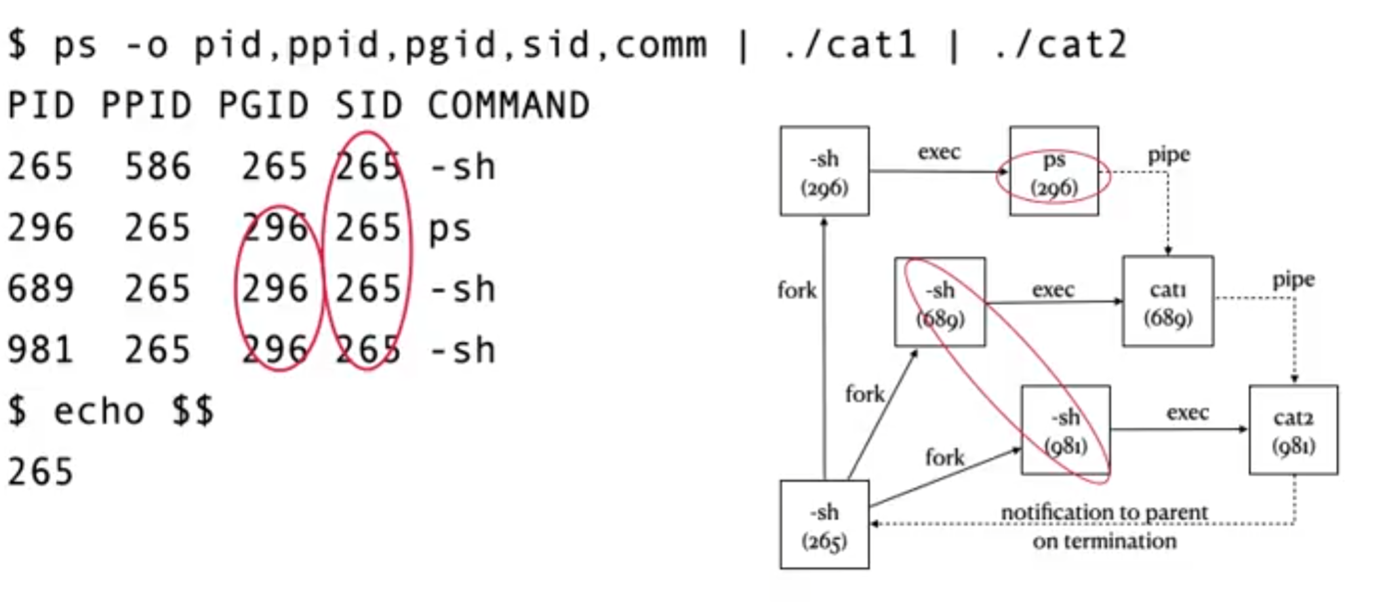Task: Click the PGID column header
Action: point(263,106)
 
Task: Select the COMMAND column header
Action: point(509,106)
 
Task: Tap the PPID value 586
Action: point(157,166)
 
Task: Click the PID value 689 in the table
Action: point(41,289)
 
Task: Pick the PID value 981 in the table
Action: point(41,350)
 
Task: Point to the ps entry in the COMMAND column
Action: point(450,228)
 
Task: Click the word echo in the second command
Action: point(98,412)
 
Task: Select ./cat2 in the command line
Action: point(1060,45)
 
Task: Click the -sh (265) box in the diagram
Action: point(824,525)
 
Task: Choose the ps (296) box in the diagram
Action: point(1054,172)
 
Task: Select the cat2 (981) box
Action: point(1293,430)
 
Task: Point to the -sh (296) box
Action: point(824,172)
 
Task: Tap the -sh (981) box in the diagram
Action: point(1066,430)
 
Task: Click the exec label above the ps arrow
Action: point(939,152)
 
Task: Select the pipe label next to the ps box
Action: point(1169,155)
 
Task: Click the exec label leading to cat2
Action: point(1187,412)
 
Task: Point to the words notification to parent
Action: point(1104,512)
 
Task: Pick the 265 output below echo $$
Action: point(41,472)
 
